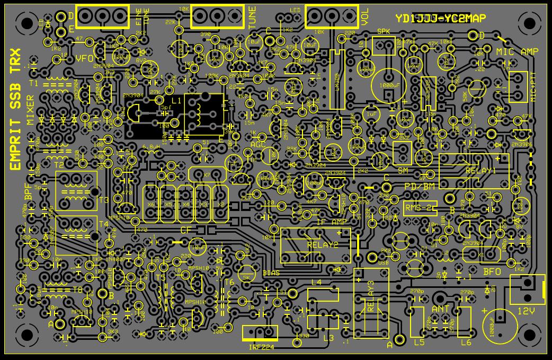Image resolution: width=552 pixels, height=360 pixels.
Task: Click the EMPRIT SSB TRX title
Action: [x=15, y=110]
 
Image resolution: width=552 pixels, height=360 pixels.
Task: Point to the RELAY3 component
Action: [x=371, y=302]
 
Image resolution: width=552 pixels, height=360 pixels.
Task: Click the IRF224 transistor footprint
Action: [x=260, y=333]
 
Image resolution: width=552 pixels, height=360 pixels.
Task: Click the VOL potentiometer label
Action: [x=364, y=17]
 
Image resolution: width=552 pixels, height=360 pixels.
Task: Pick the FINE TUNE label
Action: [x=143, y=17]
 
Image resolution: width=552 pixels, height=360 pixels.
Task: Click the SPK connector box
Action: [x=384, y=46]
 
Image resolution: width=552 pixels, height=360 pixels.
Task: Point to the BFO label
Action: [x=492, y=271]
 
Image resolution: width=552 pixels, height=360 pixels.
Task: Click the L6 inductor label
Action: [x=466, y=343]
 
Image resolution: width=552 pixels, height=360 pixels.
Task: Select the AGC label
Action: [x=258, y=144]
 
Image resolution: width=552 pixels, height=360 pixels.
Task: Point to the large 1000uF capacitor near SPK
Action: [x=389, y=84]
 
